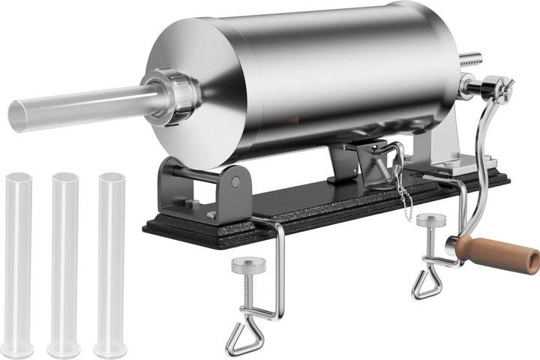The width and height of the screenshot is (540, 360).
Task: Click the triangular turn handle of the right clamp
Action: pos(425,284)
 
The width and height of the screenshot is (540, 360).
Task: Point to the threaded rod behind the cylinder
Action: pos(470,59)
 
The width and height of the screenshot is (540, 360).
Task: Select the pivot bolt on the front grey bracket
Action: pos(236,182)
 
